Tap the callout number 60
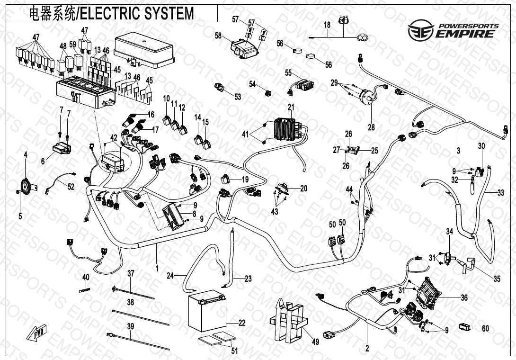[485, 328]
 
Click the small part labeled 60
[465, 326]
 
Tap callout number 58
[218, 36]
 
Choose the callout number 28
[372, 127]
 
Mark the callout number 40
[86, 277]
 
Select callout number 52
[71, 187]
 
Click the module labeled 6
[62, 147]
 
